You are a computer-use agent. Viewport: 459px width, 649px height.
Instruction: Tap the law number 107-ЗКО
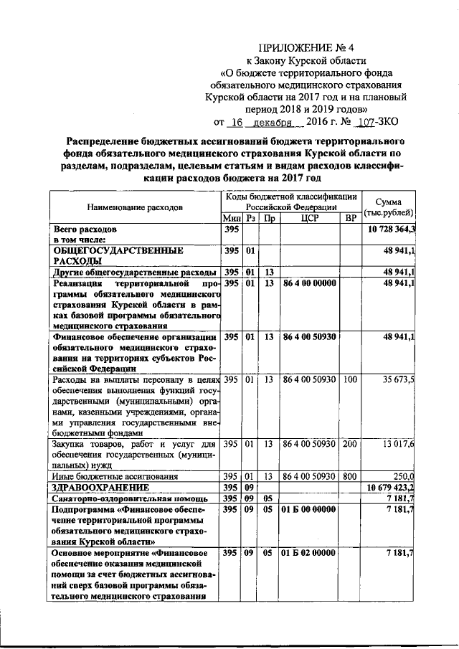(373, 122)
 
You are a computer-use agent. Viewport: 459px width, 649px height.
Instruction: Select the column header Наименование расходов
(135, 207)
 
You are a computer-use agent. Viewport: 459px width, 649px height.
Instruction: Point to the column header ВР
(350, 217)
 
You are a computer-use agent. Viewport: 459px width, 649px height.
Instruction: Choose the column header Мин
(231, 217)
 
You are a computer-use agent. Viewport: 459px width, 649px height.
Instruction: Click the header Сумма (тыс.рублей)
(388, 206)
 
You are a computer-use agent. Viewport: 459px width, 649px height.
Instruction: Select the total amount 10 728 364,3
(392, 229)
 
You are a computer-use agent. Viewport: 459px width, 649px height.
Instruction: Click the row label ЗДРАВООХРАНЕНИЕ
(99, 486)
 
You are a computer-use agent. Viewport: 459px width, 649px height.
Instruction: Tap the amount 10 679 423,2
(392, 486)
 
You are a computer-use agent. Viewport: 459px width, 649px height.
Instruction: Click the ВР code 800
(350, 476)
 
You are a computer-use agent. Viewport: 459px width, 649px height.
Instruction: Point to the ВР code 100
(350, 379)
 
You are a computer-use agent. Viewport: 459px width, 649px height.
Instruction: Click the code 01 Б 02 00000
(309, 553)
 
